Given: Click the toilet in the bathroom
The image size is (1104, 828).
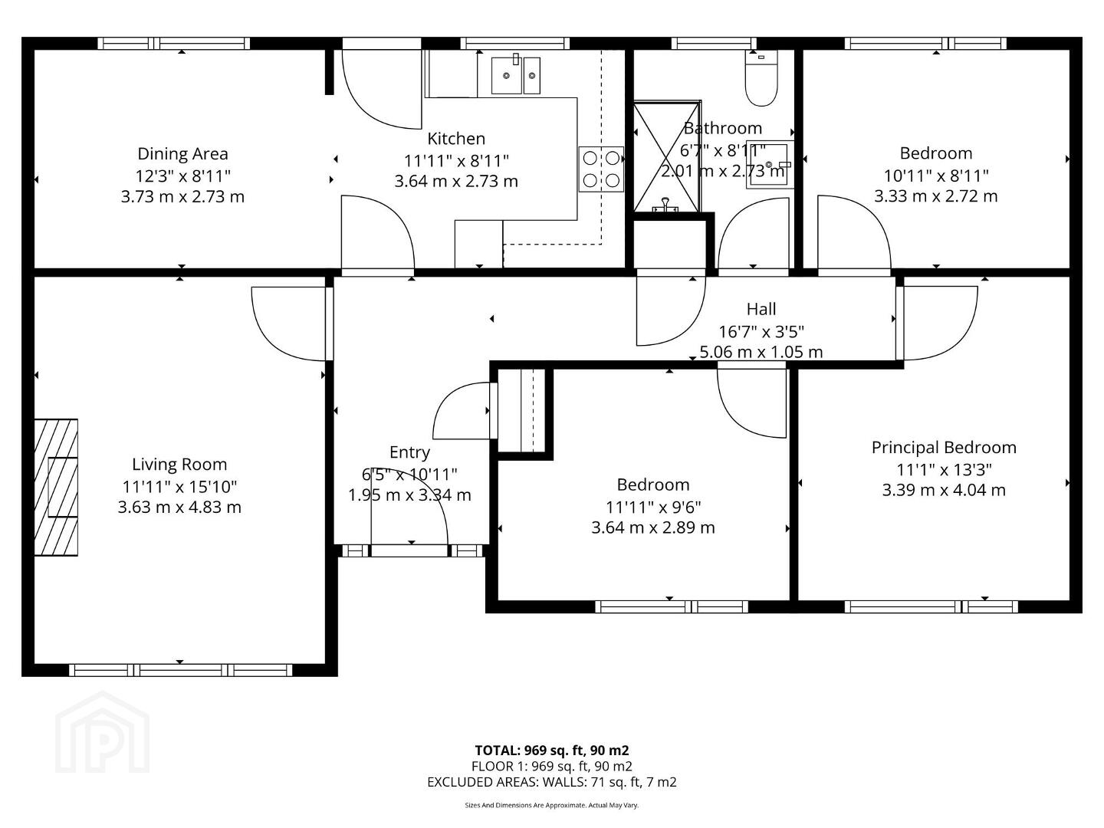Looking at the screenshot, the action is [x=761, y=78].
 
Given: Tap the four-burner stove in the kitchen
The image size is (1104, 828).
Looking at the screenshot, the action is [x=601, y=169].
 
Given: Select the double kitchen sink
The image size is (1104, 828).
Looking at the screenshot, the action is [x=515, y=75].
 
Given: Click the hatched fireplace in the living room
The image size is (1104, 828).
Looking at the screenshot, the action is [x=56, y=487].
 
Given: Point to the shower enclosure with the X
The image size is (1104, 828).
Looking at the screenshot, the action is [x=667, y=157].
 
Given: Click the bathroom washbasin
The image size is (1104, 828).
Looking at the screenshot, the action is [x=770, y=164].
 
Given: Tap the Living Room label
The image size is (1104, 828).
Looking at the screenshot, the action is [x=179, y=464].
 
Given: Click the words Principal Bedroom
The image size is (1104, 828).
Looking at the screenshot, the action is [x=944, y=448].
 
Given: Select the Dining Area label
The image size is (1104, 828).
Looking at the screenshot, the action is [x=182, y=154].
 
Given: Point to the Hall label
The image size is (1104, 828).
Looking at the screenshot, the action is [x=761, y=309].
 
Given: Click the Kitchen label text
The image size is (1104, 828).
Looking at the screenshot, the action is [x=456, y=139].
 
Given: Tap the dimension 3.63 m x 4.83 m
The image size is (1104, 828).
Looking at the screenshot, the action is [x=179, y=507].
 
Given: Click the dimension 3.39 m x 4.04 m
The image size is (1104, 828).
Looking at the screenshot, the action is [x=944, y=490].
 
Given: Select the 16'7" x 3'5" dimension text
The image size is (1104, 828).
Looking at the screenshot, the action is [x=761, y=332].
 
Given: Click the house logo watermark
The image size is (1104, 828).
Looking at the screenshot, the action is [x=102, y=733].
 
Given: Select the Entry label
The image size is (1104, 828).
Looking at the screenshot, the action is [x=409, y=452].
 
